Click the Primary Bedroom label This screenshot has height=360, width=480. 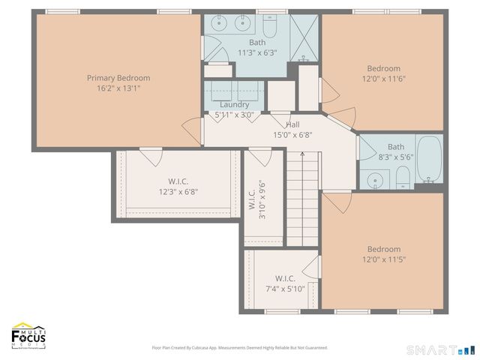[x=118, y=78]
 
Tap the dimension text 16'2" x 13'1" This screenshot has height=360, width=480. [x=118, y=88]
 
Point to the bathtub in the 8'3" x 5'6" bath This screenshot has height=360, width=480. [x=429, y=159]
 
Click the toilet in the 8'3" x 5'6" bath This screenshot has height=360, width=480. [x=403, y=177]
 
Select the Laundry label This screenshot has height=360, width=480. [x=235, y=105]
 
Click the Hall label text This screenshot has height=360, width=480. [x=293, y=124]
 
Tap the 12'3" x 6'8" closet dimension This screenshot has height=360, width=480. [x=178, y=192]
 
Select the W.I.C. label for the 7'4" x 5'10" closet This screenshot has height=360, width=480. [x=285, y=277]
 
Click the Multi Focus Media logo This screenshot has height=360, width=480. [x=28, y=336]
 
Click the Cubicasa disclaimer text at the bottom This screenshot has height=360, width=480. [x=240, y=347]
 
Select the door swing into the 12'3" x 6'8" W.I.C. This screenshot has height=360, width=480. [x=150, y=157]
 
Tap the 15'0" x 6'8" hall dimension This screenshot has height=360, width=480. [x=293, y=136]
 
